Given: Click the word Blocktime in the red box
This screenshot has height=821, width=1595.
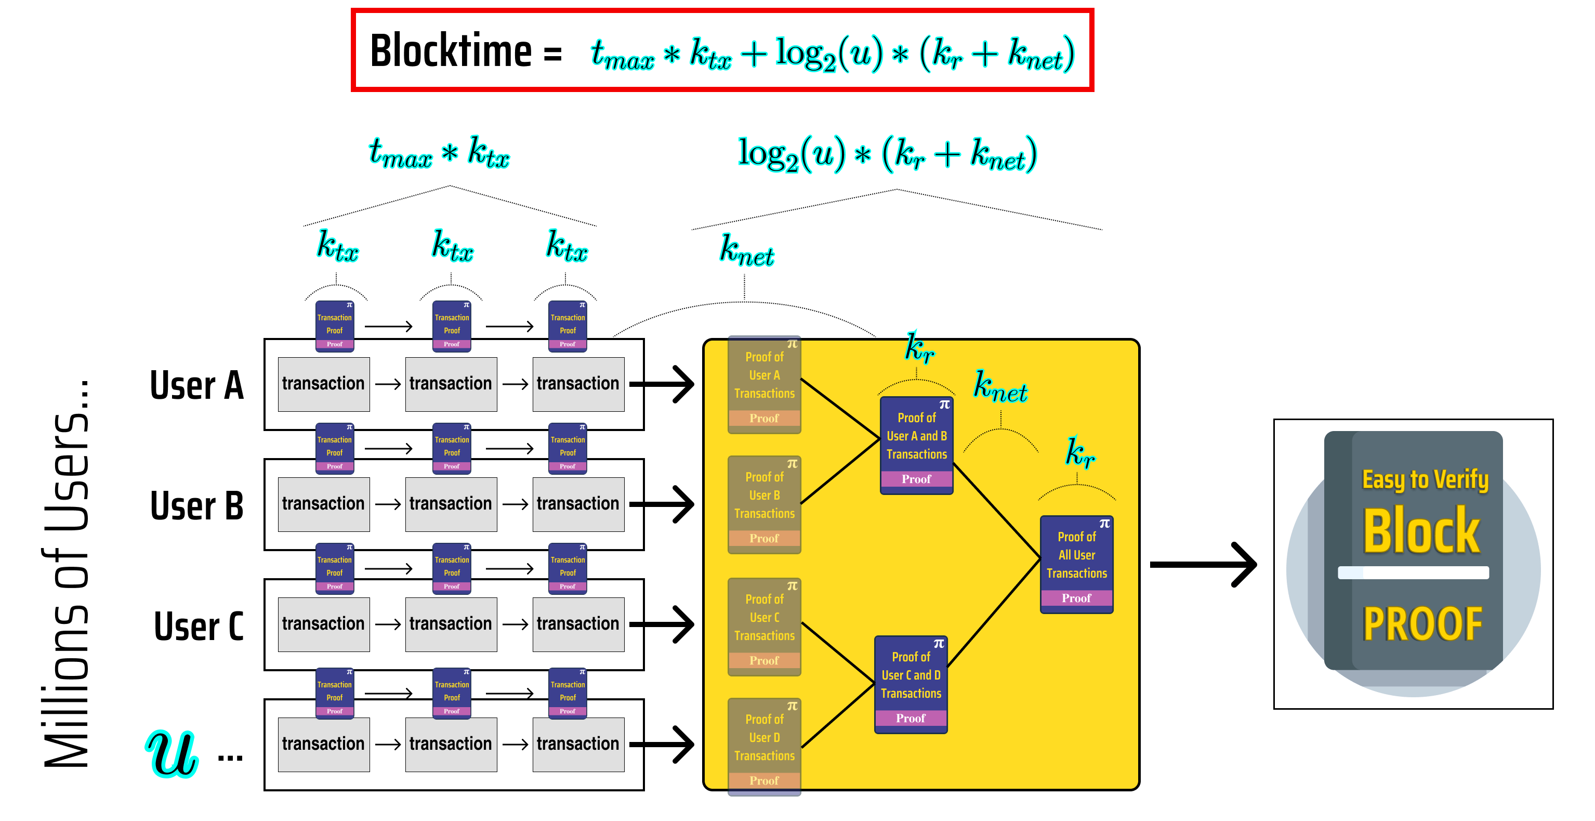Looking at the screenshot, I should [450, 51].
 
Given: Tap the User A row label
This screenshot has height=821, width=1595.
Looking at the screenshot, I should [196, 385].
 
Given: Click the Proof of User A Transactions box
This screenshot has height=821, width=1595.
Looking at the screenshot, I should [764, 385].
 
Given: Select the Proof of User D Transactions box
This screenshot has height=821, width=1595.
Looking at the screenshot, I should [764, 747].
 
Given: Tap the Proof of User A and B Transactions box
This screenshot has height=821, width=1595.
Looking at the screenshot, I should [916, 446].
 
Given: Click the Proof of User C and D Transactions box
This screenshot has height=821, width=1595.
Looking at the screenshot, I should [911, 685].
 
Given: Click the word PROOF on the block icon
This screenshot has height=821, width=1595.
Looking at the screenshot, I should [1422, 624].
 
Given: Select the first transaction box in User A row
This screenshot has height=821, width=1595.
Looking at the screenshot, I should [323, 384].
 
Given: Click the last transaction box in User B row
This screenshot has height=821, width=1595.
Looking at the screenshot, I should [578, 504].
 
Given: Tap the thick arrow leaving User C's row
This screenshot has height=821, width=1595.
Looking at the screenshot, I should [662, 624].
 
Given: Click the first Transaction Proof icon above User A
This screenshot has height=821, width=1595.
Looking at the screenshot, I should [334, 326].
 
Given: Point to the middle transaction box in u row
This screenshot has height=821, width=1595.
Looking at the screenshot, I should [451, 744].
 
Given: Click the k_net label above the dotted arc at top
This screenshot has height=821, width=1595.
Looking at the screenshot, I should [746, 252].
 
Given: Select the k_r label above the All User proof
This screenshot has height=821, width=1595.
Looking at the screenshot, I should [1079, 452].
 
